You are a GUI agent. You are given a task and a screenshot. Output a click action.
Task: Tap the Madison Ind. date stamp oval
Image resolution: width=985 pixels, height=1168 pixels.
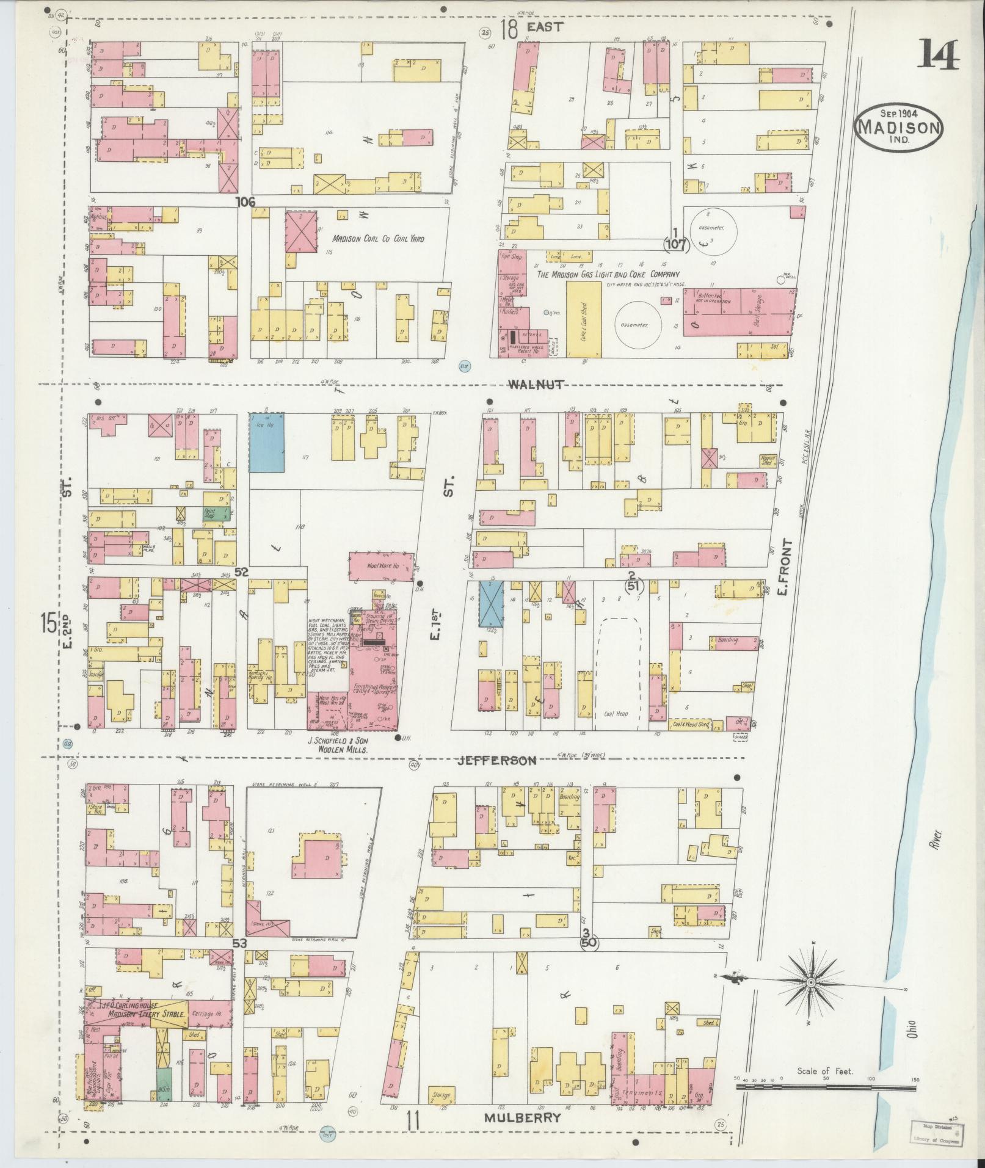point(898,126)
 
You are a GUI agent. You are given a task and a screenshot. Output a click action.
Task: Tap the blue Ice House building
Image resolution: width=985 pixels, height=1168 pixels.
point(266,442)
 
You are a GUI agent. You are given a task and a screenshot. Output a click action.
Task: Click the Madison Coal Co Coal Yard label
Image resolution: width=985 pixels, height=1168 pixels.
point(377,239)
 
